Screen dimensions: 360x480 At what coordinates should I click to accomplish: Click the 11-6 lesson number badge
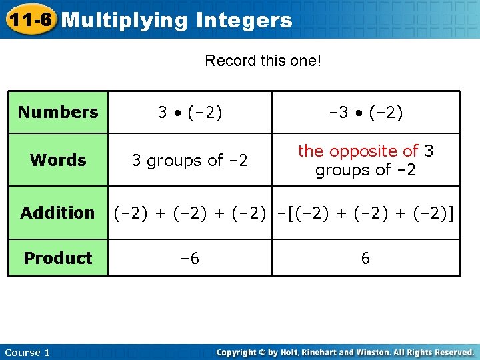click(x=29, y=20)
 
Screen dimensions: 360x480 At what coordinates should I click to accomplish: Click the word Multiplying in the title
click(x=125, y=21)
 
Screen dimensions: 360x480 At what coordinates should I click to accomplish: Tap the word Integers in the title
click(x=244, y=21)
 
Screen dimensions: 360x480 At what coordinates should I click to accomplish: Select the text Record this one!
click(x=263, y=61)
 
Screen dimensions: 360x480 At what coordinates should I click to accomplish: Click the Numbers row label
click(x=58, y=112)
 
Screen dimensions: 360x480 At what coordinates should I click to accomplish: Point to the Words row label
click(x=58, y=160)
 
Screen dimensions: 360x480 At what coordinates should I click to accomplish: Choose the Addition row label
click(x=58, y=213)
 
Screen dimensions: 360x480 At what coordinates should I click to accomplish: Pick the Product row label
click(x=58, y=258)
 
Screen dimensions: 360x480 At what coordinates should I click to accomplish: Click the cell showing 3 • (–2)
click(x=190, y=112)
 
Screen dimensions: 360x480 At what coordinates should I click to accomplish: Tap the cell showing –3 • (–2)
click(x=365, y=112)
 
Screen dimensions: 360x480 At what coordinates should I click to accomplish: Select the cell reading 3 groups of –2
click(x=190, y=161)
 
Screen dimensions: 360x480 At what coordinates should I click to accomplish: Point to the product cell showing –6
click(x=190, y=259)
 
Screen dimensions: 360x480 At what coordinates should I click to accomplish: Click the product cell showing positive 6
click(x=365, y=259)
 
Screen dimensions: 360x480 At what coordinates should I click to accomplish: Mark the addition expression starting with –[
click(x=365, y=213)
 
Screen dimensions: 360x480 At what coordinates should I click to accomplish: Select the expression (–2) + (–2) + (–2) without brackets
click(x=190, y=213)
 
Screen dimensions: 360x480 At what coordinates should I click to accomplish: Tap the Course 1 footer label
click(x=27, y=353)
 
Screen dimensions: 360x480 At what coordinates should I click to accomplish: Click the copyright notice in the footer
click(x=345, y=352)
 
